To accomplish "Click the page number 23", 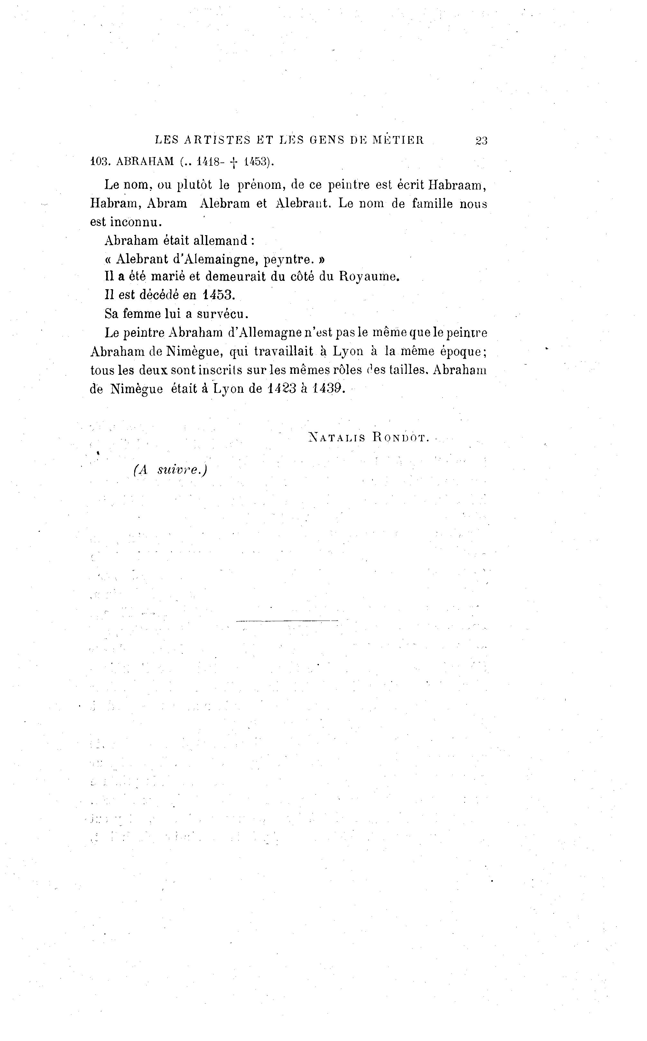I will (x=481, y=141).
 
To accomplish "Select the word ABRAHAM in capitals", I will (x=145, y=162).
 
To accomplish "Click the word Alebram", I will (x=225, y=203).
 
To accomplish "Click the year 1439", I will (x=328, y=389).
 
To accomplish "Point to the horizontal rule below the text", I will (x=287, y=621).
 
